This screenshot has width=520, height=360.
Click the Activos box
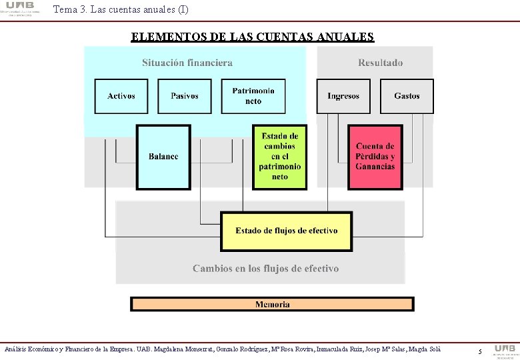(x=121, y=96)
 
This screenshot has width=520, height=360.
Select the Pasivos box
(x=185, y=96)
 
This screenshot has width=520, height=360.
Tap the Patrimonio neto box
(x=253, y=96)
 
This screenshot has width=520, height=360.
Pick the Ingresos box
(x=343, y=96)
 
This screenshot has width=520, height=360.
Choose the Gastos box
(x=407, y=96)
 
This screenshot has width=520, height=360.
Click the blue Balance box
(x=163, y=157)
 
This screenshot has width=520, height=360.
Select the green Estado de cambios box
(x=280, y=157)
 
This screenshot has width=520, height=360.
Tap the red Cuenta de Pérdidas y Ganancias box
(x=375, y=157)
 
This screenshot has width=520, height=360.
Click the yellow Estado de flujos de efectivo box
(x=287, y=231)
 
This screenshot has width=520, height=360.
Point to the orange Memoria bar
(x=272, y=305)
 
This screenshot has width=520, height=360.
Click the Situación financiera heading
(x=187, y=63)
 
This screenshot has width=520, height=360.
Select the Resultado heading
(x=381, y=63)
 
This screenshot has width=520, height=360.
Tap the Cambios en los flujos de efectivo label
(x=265, y=269)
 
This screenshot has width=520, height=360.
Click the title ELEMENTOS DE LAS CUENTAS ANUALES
(x=253, y=37)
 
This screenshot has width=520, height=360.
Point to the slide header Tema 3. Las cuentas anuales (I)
(x=120, y=9)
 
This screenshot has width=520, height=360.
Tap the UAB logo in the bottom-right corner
(x=504, y=350)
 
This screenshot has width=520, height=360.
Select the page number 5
(x=480, y=351)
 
